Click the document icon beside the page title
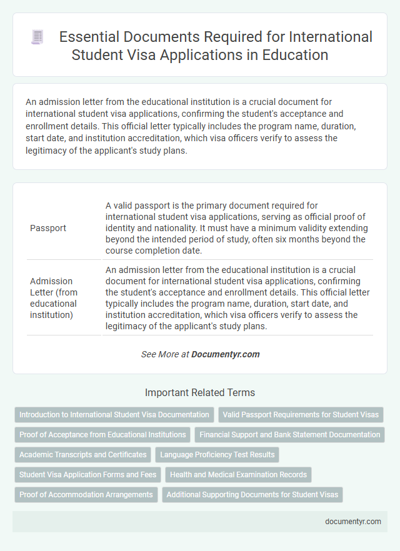(37, 37)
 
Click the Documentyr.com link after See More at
(225, 354)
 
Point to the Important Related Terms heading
(200, 393)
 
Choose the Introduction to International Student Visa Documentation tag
(114, 415)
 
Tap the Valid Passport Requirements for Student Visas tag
(301, 415)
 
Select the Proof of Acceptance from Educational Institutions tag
(102, 435)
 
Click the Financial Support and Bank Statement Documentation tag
(290, 435)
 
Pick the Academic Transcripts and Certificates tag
(83, 455)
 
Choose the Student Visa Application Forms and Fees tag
(88, 475)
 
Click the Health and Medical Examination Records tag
(238, 475)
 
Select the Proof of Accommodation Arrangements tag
(86, 495)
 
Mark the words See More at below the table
(165, 354)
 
